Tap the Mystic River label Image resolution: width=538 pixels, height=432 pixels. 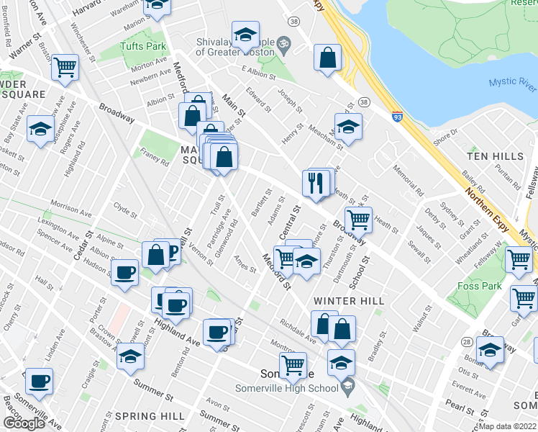click(x=513, y=82)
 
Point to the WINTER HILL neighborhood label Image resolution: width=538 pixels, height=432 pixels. click(x=348, y=300)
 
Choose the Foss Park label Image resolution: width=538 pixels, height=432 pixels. click(x=479, y=286)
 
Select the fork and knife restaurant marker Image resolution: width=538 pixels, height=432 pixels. click(x=315, y=183)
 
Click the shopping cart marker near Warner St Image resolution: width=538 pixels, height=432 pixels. click(x=65, y=68)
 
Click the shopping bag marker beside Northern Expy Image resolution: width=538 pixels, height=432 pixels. click(x=327, y=58)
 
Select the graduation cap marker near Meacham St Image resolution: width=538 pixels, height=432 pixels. click(x=348, y=127)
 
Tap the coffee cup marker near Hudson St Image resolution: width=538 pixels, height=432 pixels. click(x=125, y=272)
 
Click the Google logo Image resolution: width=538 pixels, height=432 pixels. click(x=24, y=423)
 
